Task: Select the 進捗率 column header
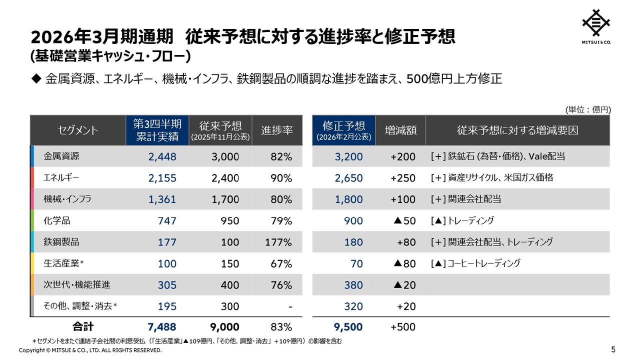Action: coord(277,130)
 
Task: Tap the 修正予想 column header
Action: coord(343,130)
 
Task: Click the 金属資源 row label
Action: coord(62,156)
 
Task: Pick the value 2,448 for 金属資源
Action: coord(162,157)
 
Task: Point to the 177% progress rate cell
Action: coord(278,242)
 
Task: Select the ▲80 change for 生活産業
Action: coord(404,264)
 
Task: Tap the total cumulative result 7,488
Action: coord(162,327)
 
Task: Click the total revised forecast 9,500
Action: coord(348,327)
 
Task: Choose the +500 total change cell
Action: coord(403,327)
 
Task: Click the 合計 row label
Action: coord(83,327)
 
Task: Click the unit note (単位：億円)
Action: coord(588,109)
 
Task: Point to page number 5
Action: coord(613,349)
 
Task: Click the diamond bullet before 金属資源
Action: coord(35,79)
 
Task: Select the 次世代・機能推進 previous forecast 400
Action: coord(230,285)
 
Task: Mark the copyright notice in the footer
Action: coord(90,350)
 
